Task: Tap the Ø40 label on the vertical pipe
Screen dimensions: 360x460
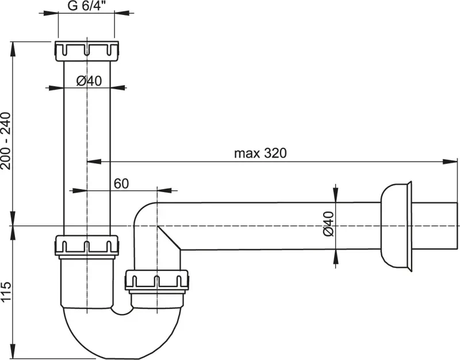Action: pyautogui.click(x=89, y=81)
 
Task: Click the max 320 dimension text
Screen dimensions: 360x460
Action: pyautogui.click(x=260, y=154)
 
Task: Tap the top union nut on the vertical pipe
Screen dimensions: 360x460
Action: pyautogui.click(x=87, y=51)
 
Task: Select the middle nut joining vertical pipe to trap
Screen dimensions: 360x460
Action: pyautogui.click(x=87, y=246)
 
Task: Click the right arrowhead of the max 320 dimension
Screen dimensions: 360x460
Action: pyautogui.click(x=445, y=162)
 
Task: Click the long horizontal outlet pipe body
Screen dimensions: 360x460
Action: pyautogui.click(x=264, y=225)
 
